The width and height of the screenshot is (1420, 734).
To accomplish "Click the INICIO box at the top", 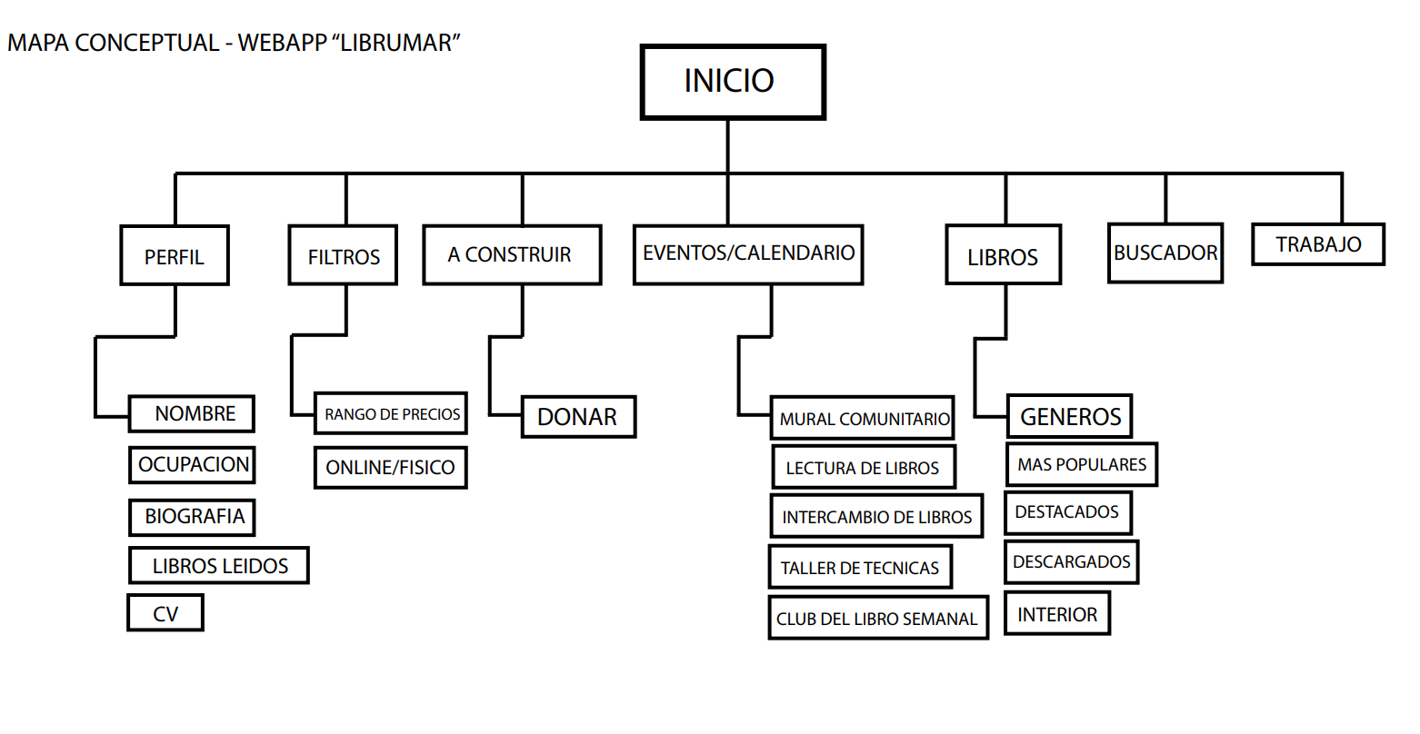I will pos(732,82).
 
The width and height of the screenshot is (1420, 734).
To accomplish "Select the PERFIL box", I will pos(175,256).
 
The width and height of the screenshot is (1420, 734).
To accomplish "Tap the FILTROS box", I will pos(343,256).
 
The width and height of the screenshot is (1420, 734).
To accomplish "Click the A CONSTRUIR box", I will pos(512,255).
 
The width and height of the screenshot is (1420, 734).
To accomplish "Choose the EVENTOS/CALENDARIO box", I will pos(747,254).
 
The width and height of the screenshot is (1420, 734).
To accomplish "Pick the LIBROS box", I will pos(1003,257).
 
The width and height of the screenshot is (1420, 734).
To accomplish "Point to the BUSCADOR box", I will pos(1165,253).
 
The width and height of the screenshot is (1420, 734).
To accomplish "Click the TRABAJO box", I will pos(1317,244).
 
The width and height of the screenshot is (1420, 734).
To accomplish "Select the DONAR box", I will pos(578,417).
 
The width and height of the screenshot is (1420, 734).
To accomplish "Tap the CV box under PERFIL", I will pos(165,613).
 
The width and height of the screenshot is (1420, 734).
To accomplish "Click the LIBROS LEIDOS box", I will pos(219,566).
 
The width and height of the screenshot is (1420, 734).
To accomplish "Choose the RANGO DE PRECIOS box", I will pos(391,414).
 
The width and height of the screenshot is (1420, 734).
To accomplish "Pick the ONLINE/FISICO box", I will pos(390,468).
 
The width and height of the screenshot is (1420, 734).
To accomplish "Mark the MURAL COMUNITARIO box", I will pos(862,419).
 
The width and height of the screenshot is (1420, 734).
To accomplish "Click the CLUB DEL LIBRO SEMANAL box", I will pos(877,619).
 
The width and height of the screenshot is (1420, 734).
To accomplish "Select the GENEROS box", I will pos(1070,417).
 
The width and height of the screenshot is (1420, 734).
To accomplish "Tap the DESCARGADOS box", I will pos(1071,561).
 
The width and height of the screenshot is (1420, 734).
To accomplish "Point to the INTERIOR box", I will pos(1057,614).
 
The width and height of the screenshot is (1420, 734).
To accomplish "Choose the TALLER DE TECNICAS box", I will pos(860,568).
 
